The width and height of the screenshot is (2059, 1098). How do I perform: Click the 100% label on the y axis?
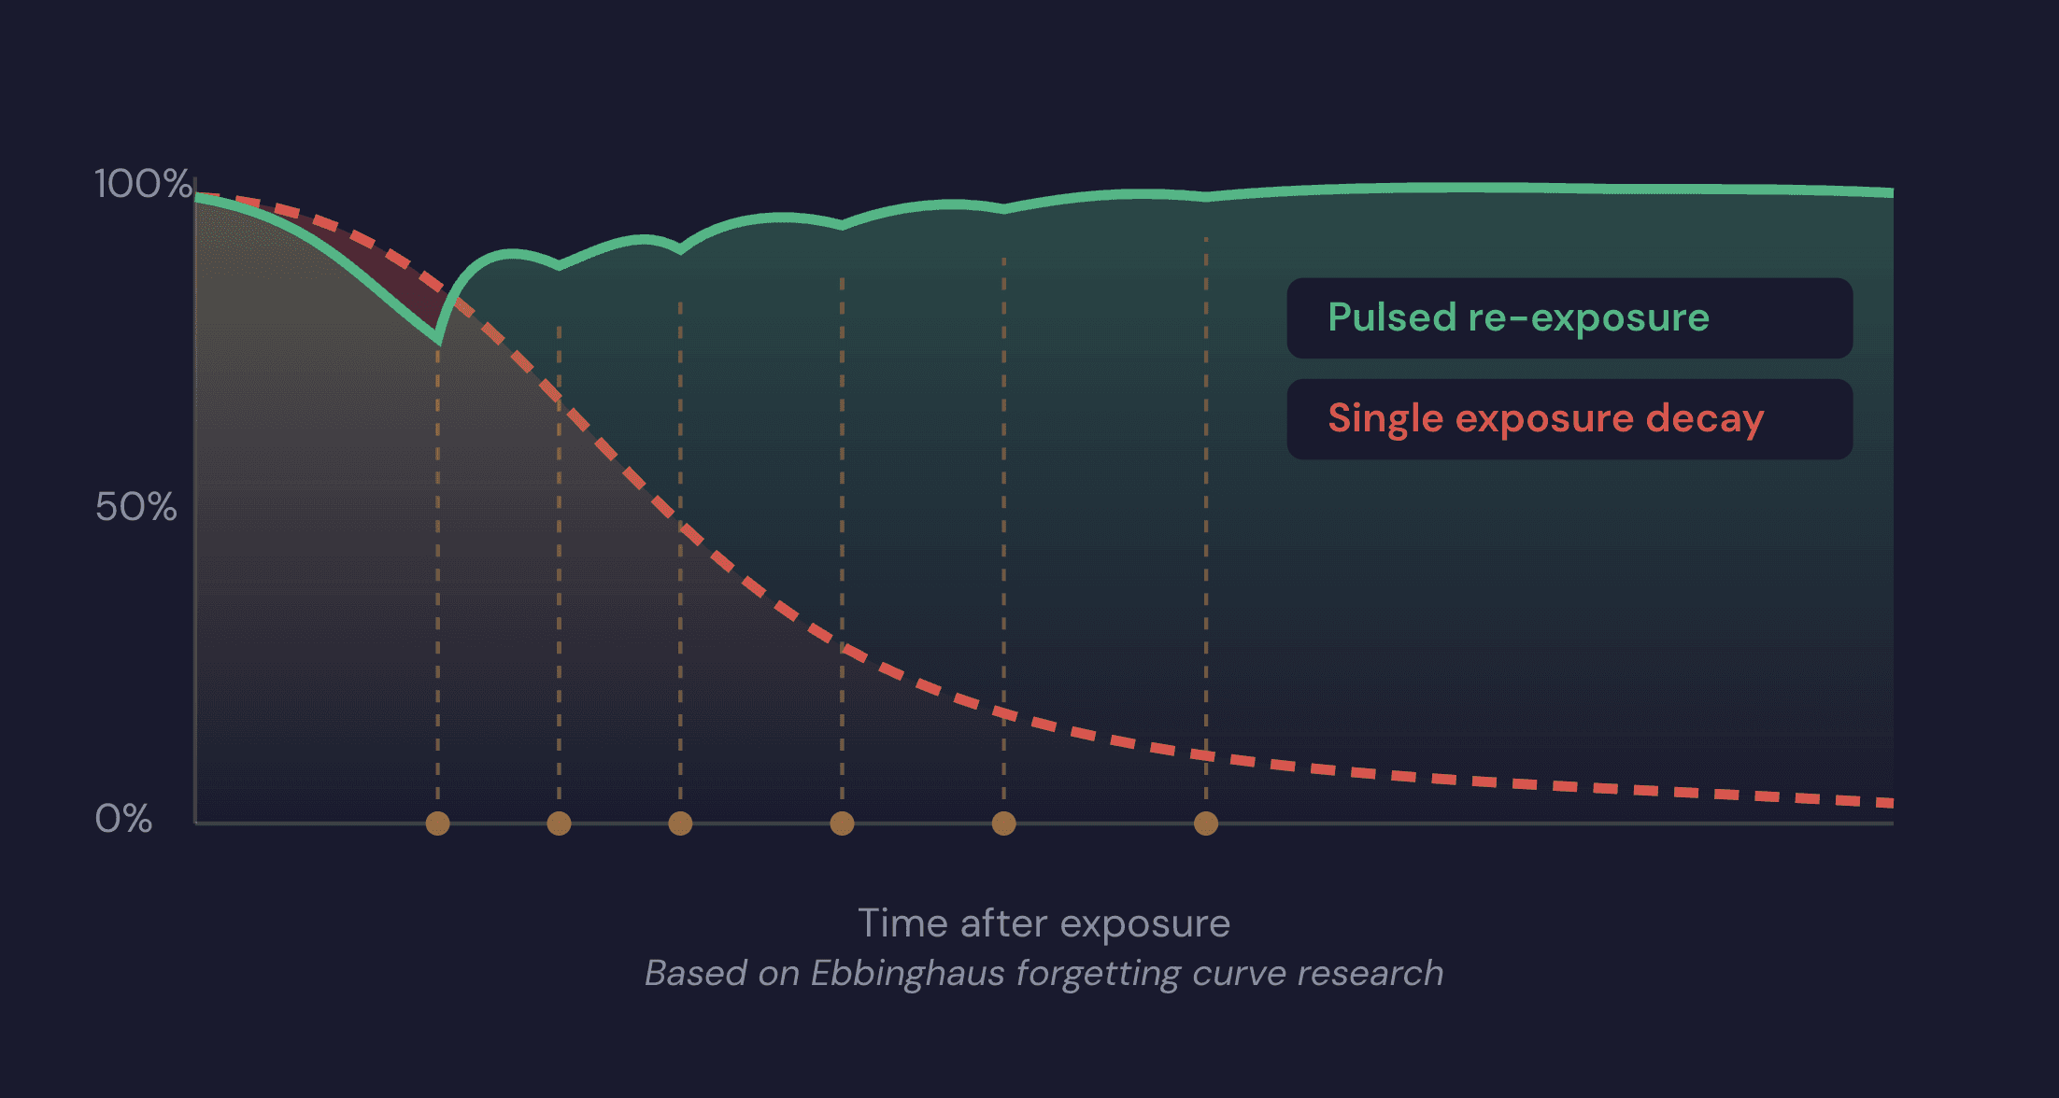click(x=142, y=184)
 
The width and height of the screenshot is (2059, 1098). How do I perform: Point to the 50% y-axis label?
click(x=135, y=507)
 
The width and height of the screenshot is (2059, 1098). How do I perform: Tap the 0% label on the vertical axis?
click(x=123, y=819)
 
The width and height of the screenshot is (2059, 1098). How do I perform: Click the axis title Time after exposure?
click(x=1044, y=923)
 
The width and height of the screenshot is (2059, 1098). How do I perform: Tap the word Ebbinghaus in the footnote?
click(x=907, y=973)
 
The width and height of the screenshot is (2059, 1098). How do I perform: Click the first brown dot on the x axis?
click(x=437, y=823)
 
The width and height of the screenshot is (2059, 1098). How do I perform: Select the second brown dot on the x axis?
click(x=559, y=823)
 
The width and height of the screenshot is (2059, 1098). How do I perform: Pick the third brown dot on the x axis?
click(x=680, y=823)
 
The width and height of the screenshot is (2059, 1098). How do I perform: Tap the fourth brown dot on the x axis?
click(x=842, y=823)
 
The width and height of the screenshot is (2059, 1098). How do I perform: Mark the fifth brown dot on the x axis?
click(x=1003, y=823)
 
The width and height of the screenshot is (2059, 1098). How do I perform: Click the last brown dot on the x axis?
click(x=1206, y=823)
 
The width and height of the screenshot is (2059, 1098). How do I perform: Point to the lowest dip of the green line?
click(x=437, y=340)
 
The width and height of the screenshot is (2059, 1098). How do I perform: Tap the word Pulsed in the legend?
click(x=1392, y=318)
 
